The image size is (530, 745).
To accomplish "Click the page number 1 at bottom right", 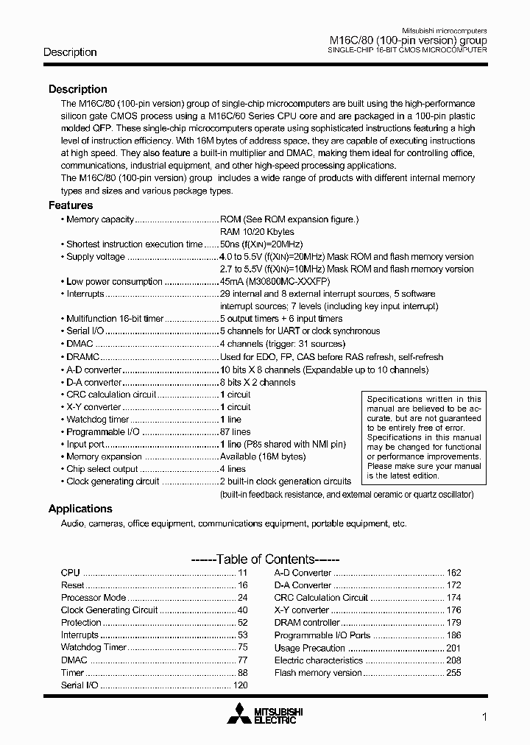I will [x=484, y=716].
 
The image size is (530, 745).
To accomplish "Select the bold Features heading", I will [x=71, y=205].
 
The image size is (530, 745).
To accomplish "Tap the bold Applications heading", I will [x=80, y=509].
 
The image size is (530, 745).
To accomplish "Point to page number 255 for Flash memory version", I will [x=453, y=673].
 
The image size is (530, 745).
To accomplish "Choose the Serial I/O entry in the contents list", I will [x=79, y=685].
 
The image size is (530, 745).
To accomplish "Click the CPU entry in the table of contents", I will [x=70, y=573].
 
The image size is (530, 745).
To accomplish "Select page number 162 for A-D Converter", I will [x=453, y=573].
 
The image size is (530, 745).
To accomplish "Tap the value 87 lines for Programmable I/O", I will [x=235, y=432].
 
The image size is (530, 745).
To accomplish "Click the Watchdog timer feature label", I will [x=97, y=420].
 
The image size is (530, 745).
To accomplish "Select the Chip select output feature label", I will [x=102, y=469].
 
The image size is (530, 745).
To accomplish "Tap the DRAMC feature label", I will [x=82, y=356].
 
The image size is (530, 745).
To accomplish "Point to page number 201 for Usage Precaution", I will [x=453, y=648].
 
